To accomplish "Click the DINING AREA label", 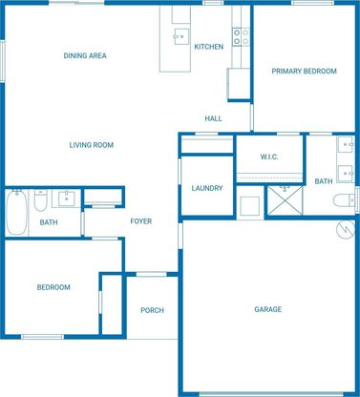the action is pos(85,55).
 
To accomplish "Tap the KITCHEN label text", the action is pos(209,47).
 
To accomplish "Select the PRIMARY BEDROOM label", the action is pos(304,71).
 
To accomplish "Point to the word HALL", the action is pos(213,118).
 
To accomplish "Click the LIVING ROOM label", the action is pos(92,145).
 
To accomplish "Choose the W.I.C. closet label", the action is pos(269,157).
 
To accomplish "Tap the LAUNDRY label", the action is pos(207,188).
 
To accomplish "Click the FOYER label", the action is pos(141,221).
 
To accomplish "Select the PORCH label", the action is pos(152,310).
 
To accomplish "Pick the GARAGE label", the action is pos(268,309).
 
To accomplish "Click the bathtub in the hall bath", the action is pos(16,212).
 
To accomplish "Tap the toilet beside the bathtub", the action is pos(40,200).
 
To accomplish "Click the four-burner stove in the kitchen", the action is pos(241,37).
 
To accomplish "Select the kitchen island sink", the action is pos(181,36).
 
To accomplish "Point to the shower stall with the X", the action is pos(285,200).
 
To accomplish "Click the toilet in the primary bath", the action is pos(344,200).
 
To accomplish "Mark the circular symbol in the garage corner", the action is pos(346,230).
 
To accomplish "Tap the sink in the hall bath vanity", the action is pos(67,198).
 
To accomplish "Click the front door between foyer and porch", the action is pos(151,274).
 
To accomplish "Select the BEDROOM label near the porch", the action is pos(53,287).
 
